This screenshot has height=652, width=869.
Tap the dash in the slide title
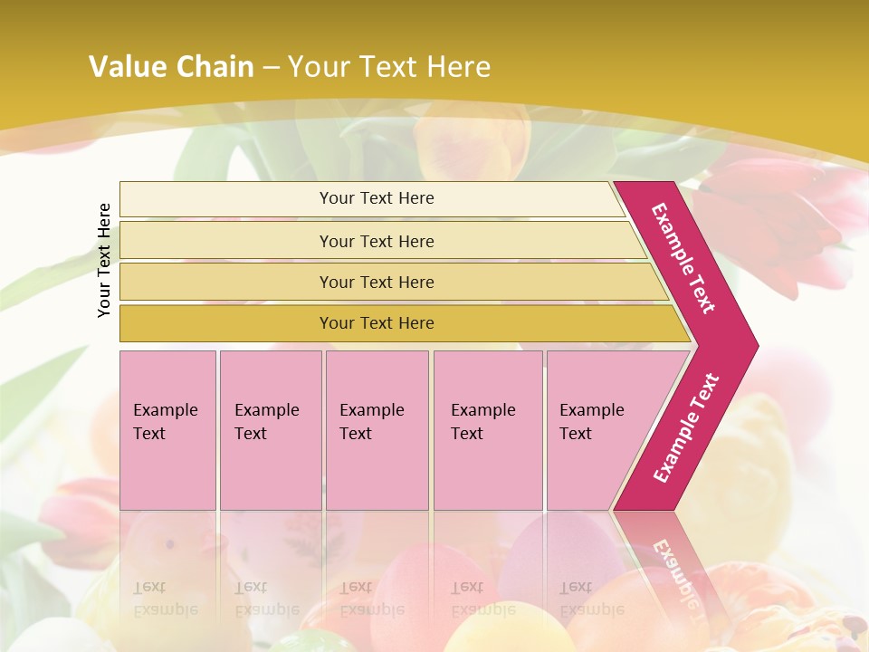271,68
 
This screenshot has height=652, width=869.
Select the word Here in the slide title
458,67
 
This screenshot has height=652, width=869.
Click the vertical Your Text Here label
104,260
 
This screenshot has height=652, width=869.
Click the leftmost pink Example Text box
167,430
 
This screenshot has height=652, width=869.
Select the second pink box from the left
271,430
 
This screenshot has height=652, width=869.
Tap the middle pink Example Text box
377,430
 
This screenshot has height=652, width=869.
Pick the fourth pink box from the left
488,430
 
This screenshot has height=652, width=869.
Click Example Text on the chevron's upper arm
683,257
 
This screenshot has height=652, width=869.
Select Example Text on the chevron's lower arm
686,427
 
